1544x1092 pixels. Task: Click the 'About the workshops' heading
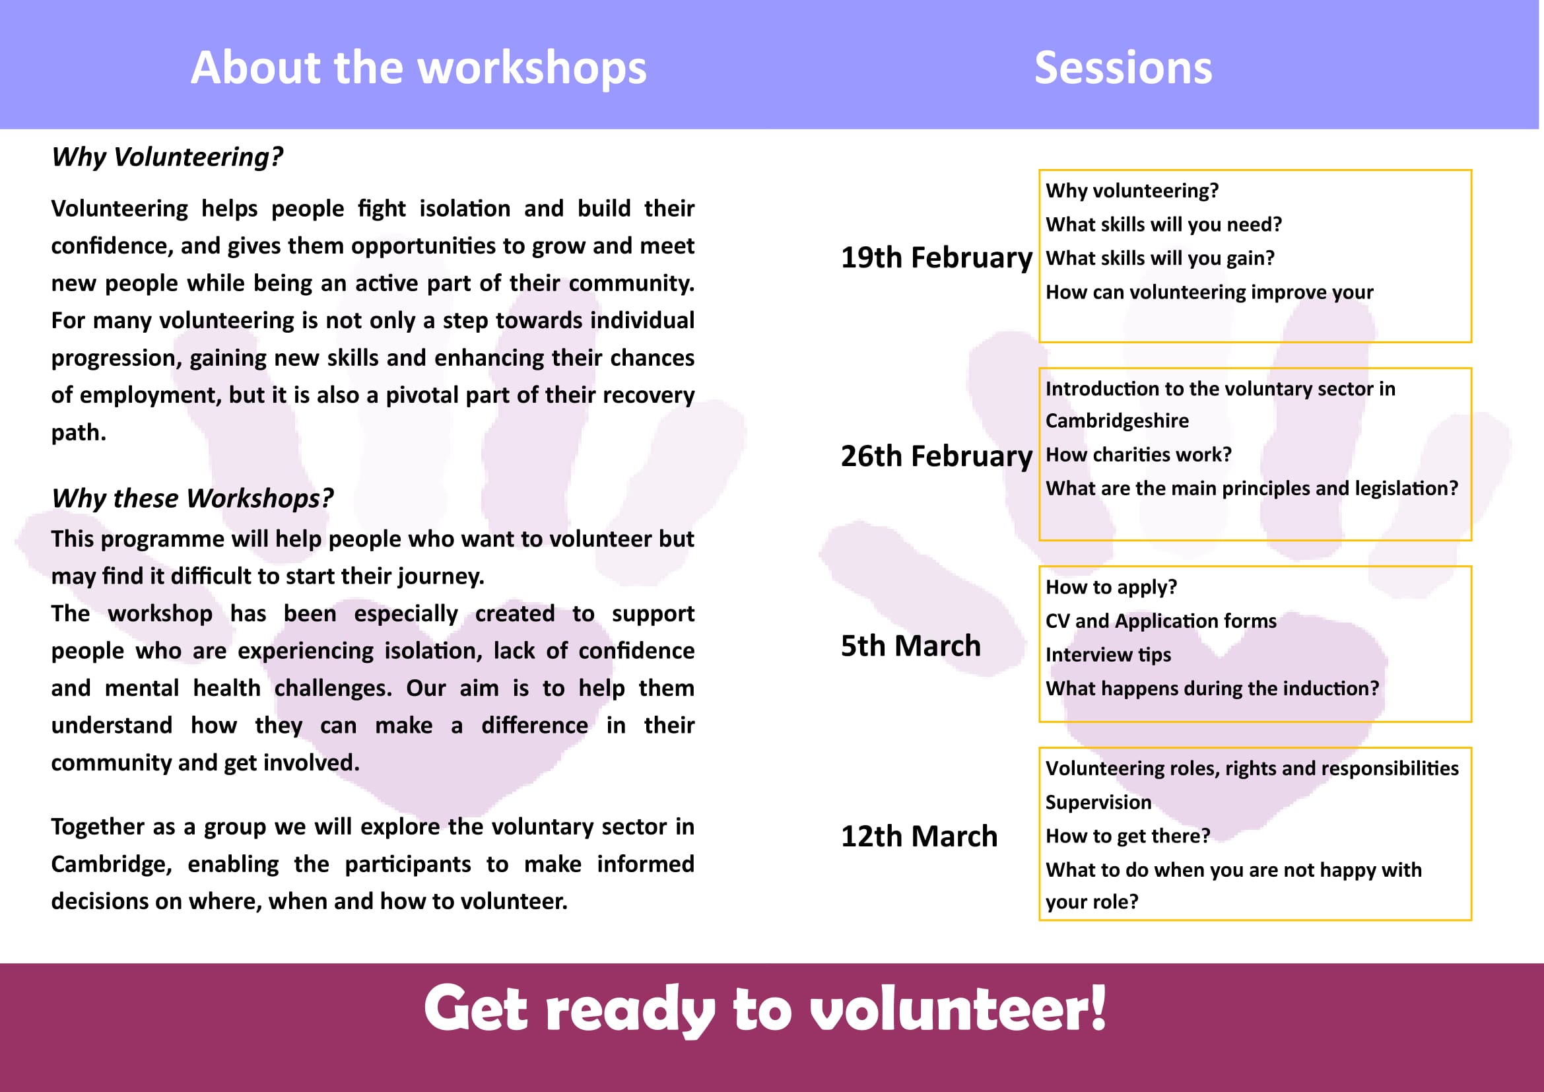(x=419, y=67)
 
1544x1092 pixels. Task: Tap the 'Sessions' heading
(x=1123, y=67)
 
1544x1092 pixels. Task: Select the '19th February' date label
(x=936, y=257)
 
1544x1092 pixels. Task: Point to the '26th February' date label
(x=936, y=456)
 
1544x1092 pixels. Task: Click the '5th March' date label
(x=910, y=646)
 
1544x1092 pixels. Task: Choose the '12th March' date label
(x=920, y=836)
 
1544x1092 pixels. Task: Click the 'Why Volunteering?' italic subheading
(x=168, y=156)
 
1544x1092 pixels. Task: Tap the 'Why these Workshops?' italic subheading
(x=193, y=498)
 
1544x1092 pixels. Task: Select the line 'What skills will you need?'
(x=1163, y=224)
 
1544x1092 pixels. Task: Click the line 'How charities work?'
(x=1139, y=454)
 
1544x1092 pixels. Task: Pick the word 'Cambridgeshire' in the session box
(x=1117, y=421)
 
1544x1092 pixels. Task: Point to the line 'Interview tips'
(x=1108, y=654)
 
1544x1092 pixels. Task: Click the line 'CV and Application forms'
(x=1160, y=621)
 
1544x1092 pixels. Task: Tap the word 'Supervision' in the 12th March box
(x=1098, y=802)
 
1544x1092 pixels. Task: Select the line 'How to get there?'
(x=1127, y=836)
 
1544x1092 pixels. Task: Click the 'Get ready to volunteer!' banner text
(x=765, y=1009)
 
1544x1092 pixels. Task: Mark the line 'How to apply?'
(x=1111, y=587)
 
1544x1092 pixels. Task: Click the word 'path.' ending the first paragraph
(x=79, y=432)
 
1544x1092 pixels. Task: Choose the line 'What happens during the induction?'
(x=1212, y=688)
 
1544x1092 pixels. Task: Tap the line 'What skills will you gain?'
(x=1160, y=258)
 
